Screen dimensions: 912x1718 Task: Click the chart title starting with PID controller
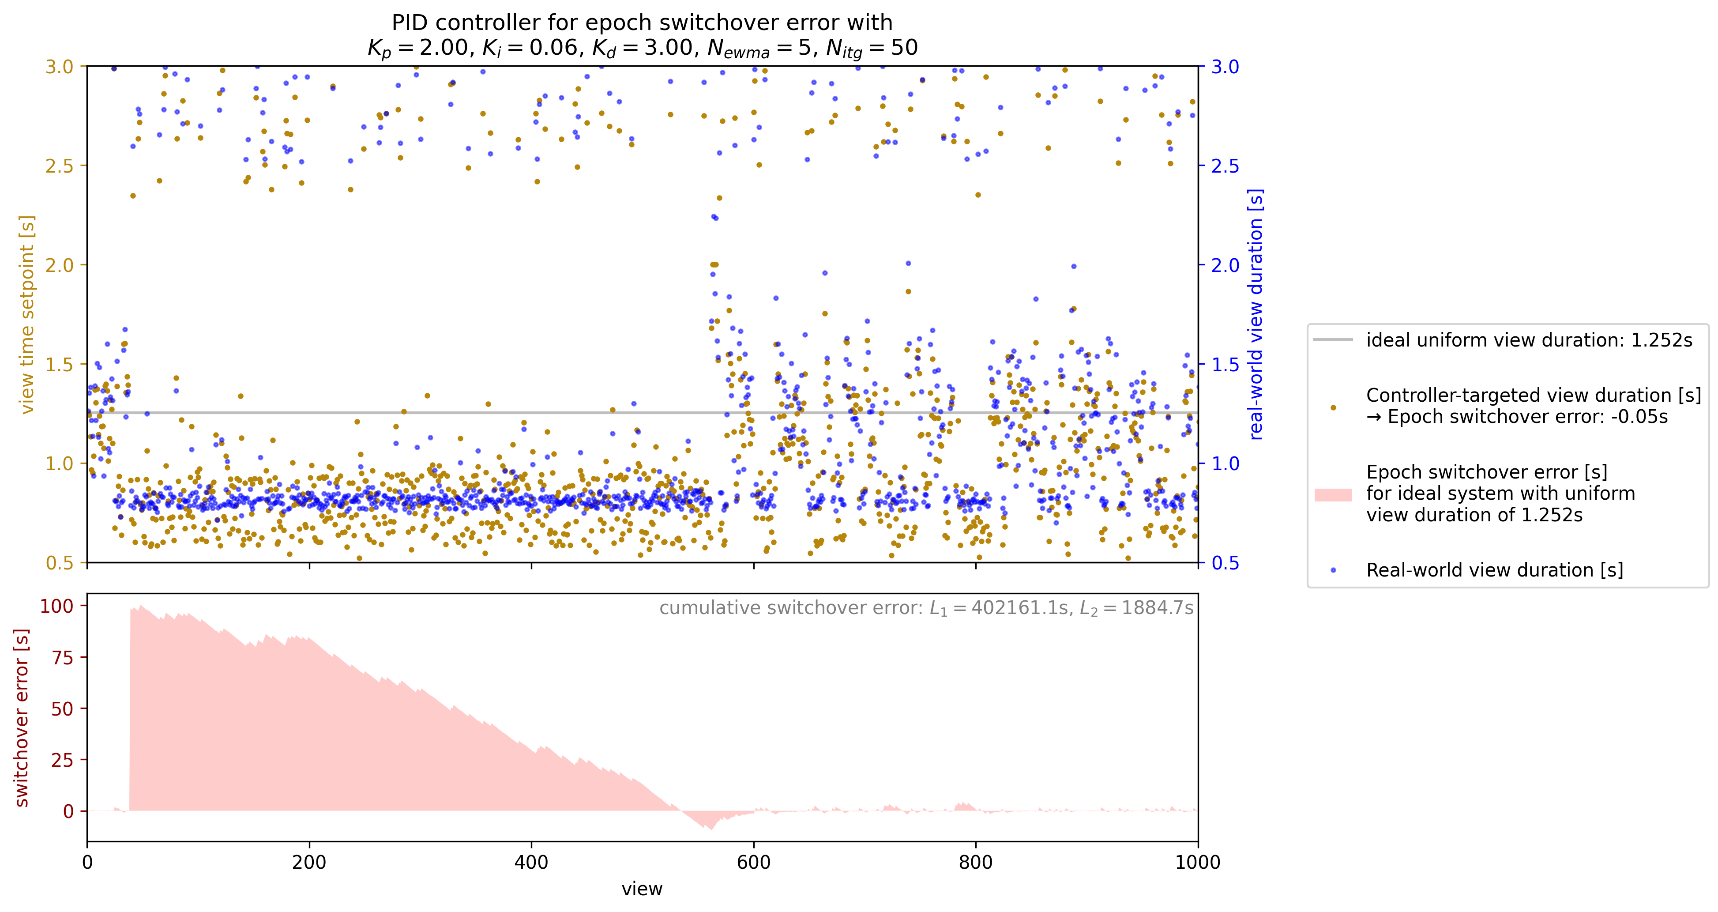click(x=642, y=35)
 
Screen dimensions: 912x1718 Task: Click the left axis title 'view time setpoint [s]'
click(x=26, y=314)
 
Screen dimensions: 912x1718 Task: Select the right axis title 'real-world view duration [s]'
click(x=1256, y=314)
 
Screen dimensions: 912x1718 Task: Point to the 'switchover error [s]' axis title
click(x=22, y=717)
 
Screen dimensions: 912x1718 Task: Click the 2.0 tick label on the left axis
click(x=60, y=265)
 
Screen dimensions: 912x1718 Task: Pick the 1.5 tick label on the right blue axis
click(x=1225, y=364)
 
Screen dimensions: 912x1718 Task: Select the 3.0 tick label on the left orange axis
click(x=60, y=67)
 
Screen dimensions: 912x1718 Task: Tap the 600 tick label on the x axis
click(x=754, y=863)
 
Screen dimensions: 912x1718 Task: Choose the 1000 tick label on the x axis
click(x=1198, y=863)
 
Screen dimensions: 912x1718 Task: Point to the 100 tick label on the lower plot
click(x=56, y=606)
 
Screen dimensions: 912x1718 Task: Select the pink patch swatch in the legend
click(x=1332, y=494)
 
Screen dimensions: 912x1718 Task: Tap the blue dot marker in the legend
click(x=1332, y=570)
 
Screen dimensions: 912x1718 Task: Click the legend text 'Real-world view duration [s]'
click(x=1494, y=570)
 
